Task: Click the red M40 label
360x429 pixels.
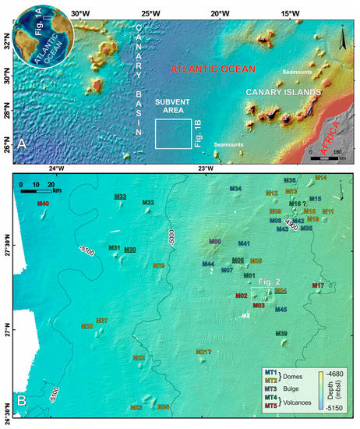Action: (x=43, y=204)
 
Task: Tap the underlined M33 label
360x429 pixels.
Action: (x=120, y=197)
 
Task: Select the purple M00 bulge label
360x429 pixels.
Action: (x=215, y=242)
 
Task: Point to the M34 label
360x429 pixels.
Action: (x=235, y=189)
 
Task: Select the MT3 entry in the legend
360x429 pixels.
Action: (x=272, y=388)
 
